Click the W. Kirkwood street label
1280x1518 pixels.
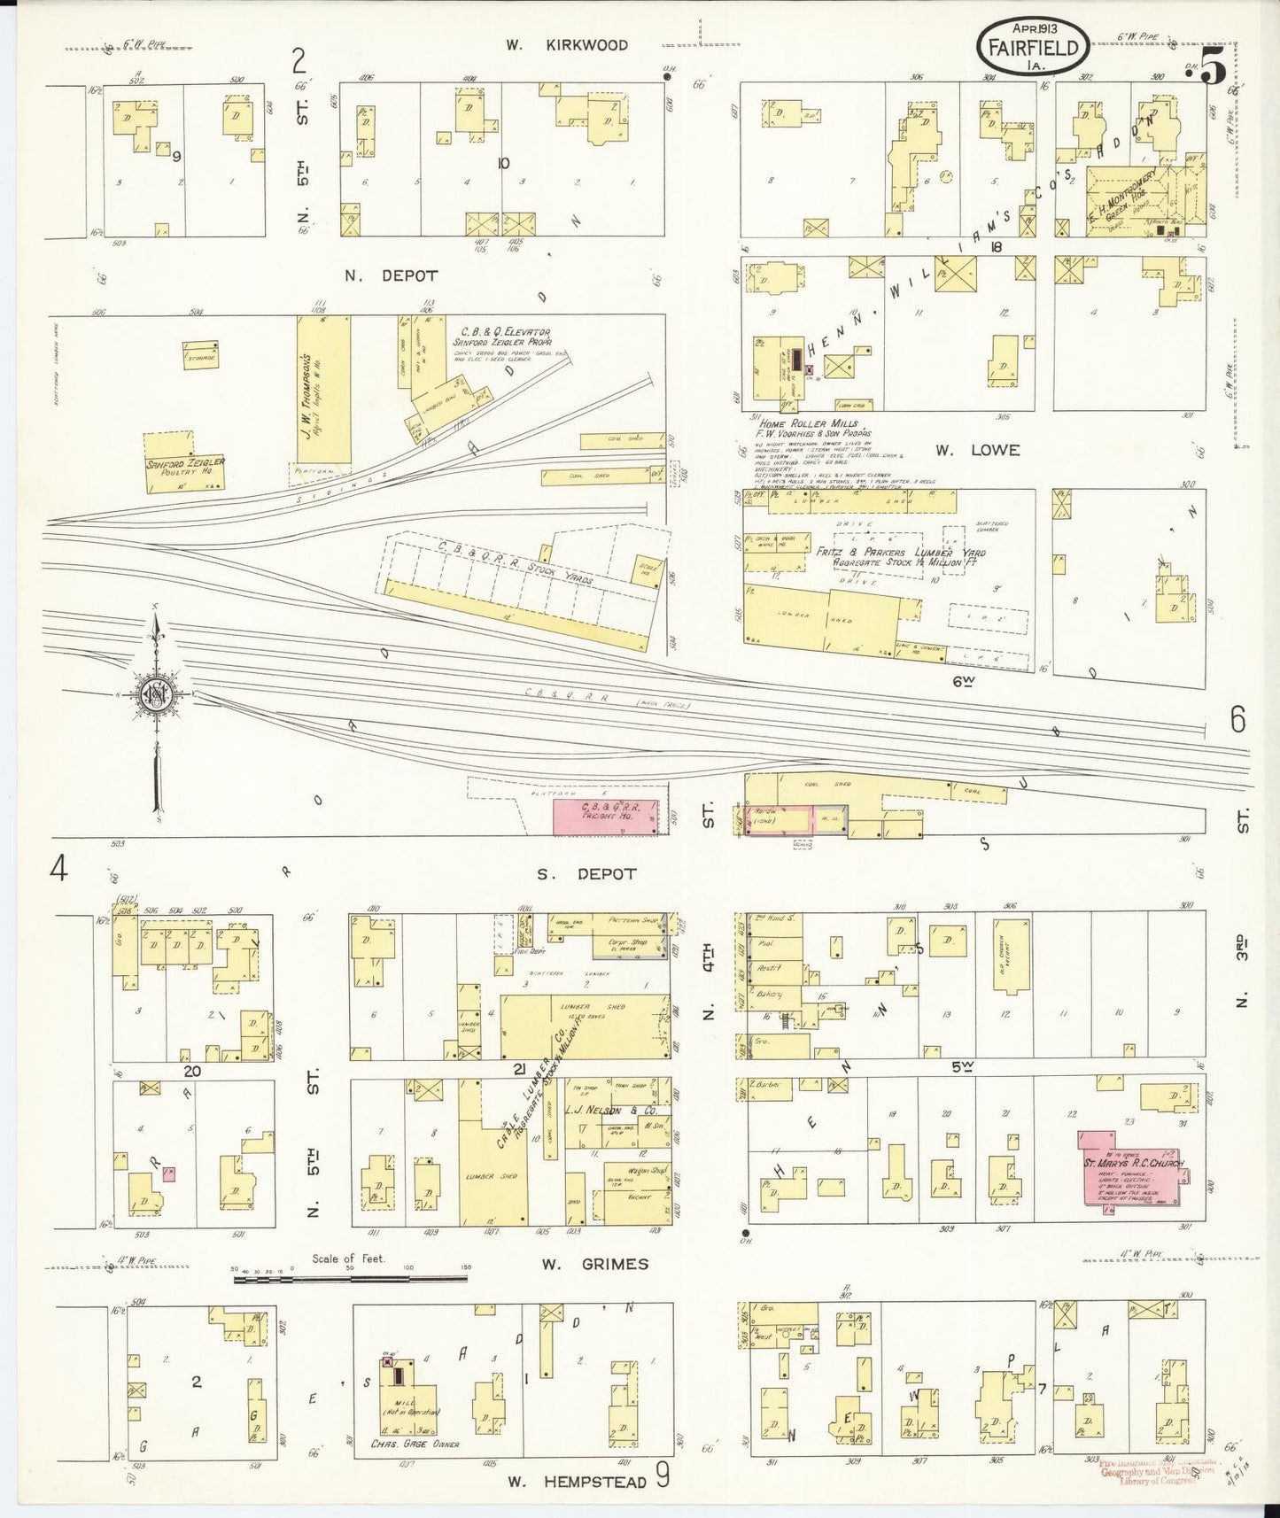pyautogui.click(x=567, y=44)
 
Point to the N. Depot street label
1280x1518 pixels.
pyautogui.click(x=391, y=275)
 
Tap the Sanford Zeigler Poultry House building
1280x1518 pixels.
pyautogui.click(x=185, y=461)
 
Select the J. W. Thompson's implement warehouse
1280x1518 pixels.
pyautogui.click(x=323, y=390)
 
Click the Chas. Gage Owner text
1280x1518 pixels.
pyautogui.click(x=414, y=1445)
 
